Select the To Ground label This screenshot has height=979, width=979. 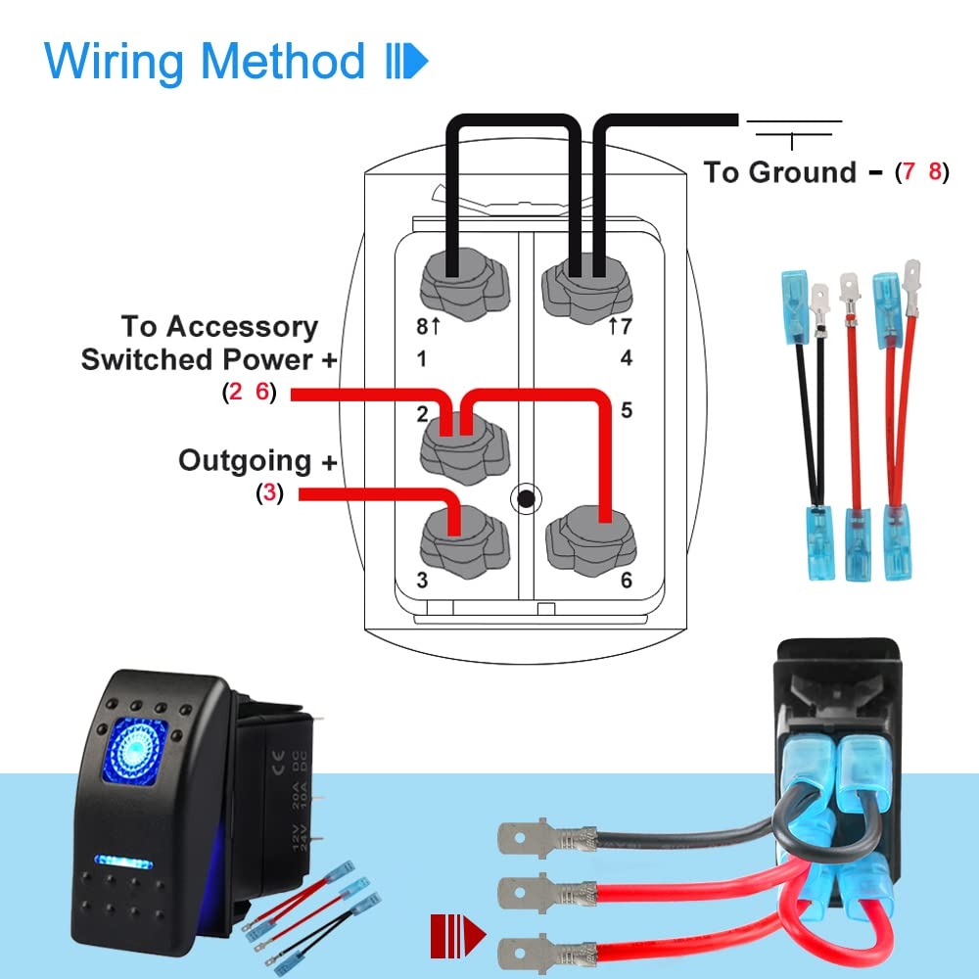(x=779, y=172)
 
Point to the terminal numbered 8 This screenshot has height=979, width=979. (x=455, y=285)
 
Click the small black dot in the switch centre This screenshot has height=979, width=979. (x=527, y=498)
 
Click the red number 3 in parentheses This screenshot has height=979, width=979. (x=270, y=493)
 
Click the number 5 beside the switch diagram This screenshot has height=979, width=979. (x=627, y=409)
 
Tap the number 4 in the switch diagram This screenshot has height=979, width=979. (x=627, y=358)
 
